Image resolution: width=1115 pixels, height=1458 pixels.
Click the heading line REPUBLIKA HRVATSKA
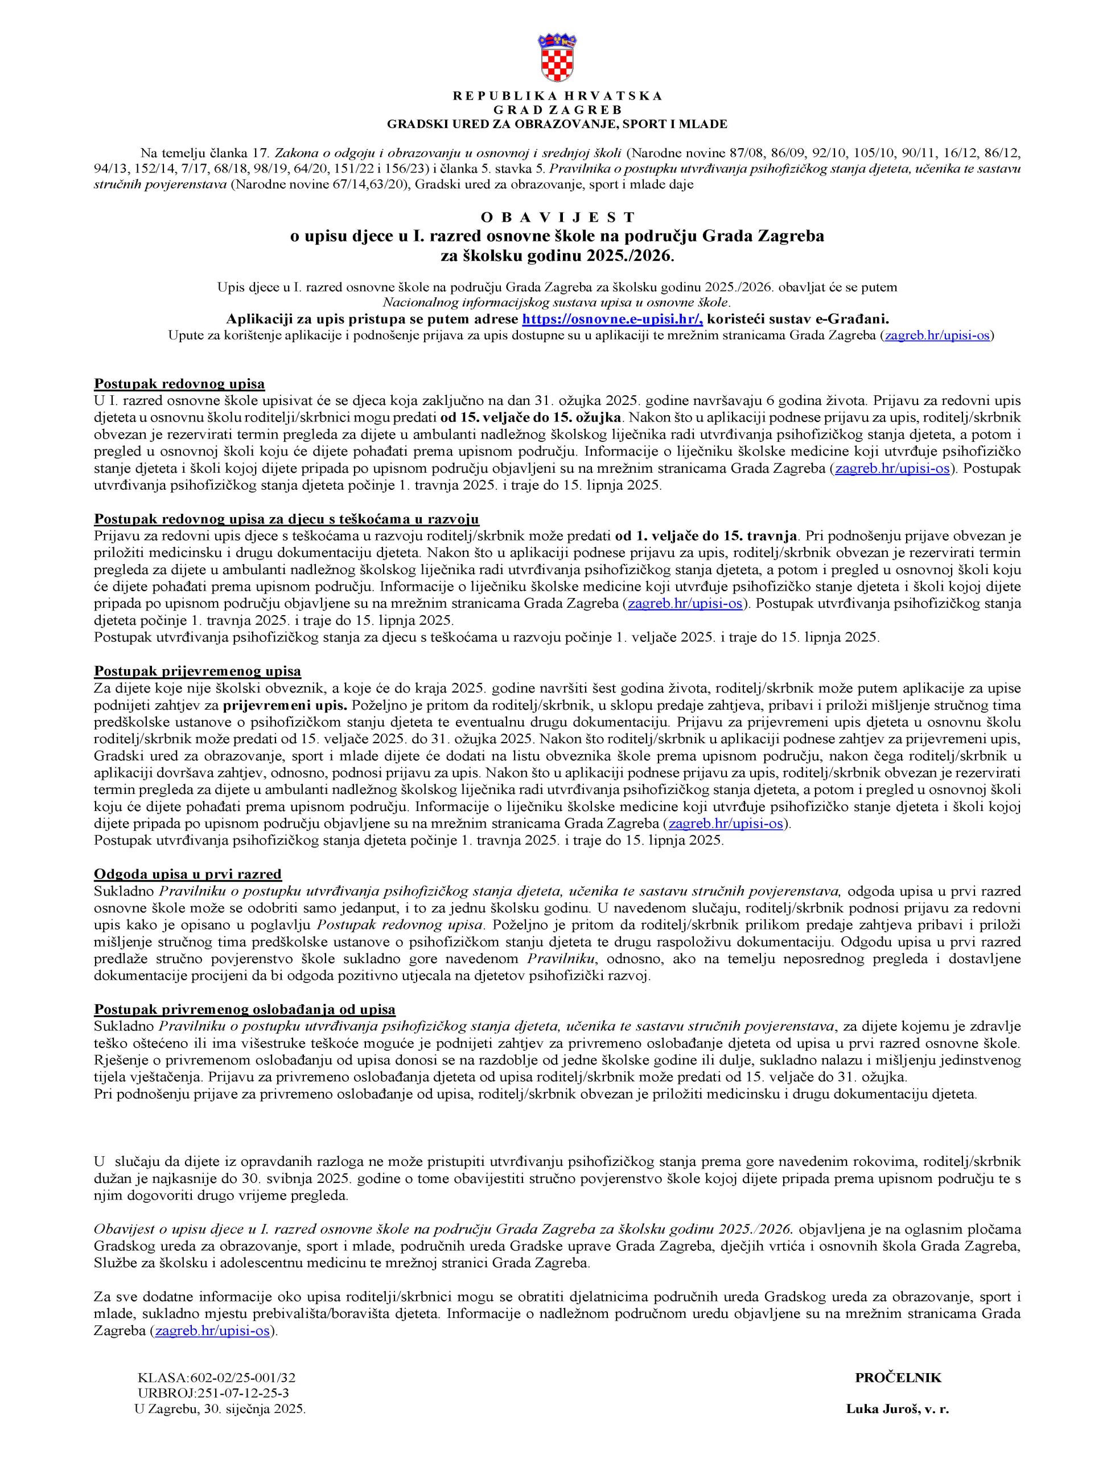557,96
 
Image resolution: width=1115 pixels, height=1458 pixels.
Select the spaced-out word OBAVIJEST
557,217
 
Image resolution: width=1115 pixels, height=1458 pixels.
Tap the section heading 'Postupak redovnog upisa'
179,384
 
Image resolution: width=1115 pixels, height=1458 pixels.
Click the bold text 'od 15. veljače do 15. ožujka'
532,417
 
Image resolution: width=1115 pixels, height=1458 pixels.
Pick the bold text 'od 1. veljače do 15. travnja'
707,536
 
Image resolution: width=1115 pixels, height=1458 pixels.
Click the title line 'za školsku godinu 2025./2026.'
557,256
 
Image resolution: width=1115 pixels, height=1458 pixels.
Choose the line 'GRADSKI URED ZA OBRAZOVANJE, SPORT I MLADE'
557,124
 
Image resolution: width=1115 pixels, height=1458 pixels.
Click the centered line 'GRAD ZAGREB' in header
557,109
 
